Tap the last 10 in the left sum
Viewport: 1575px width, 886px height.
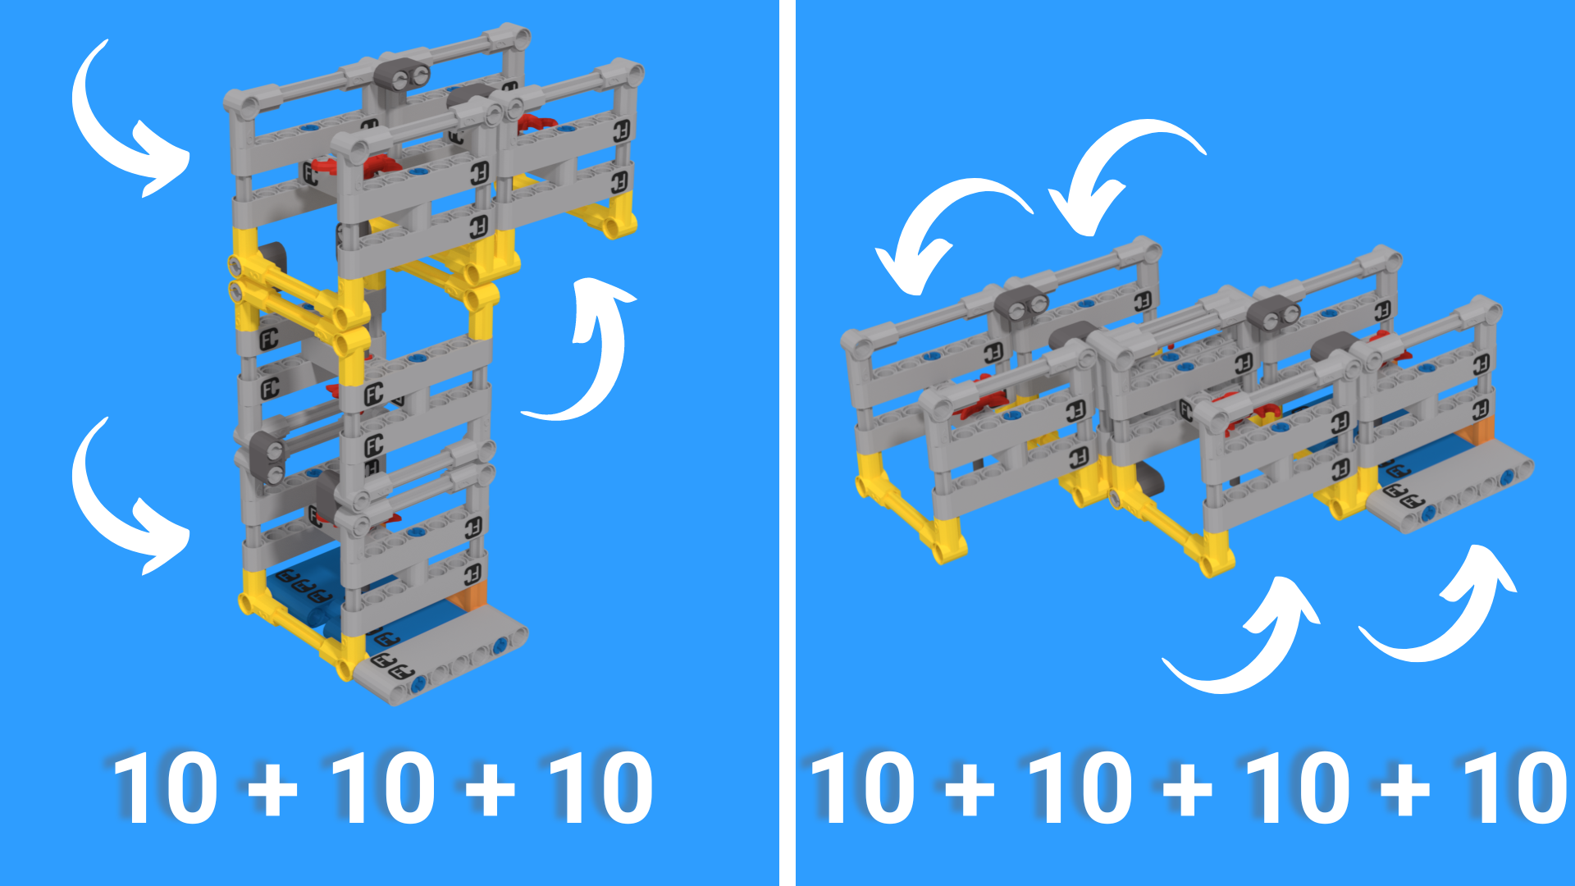(x=600, y=788)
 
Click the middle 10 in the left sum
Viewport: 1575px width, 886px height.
(x=382, y=788)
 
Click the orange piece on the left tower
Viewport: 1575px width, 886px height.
(x=473, y=594)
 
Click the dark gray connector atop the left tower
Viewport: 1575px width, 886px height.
(x=403, y=75)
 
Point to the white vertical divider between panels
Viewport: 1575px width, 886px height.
(x=787, y=443)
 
